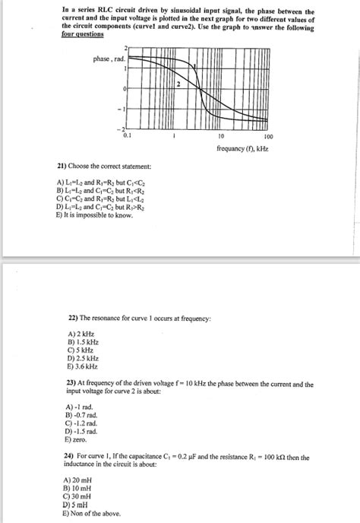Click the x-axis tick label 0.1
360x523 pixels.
tap(136, 137)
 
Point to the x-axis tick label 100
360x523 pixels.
tap(258, 137)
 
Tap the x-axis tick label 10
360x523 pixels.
tap(219, 137)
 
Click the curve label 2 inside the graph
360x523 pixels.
tap(178, 82)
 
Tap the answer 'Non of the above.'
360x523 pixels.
tap(94, 512)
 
